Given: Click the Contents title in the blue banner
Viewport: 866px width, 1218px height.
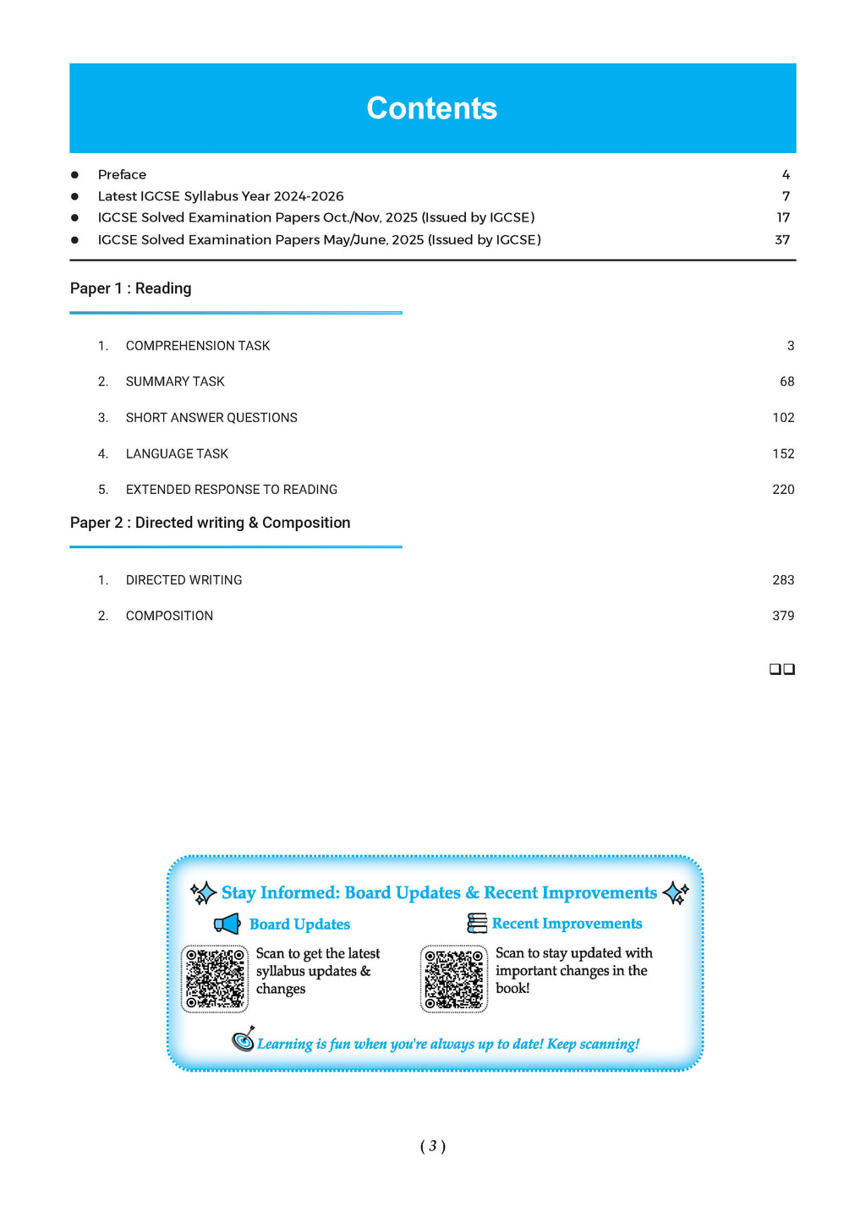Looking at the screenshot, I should [x=432, y=108].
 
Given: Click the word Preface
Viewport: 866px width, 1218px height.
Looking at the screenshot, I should [x=122, y=174].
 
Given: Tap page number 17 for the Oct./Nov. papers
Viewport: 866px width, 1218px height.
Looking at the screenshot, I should [x=783, y=217].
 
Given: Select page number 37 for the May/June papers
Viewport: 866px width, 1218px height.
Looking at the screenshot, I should [x=782, y=239].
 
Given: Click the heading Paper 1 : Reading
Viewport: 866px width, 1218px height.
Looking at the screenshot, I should [x=131, y=288].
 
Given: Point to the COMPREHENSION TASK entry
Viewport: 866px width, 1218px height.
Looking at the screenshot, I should [x=198, y=346].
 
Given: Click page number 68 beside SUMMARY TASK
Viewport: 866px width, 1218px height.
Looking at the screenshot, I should [x=787, y=381].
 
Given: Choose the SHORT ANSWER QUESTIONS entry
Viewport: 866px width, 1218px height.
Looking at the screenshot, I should [x=211, y=418].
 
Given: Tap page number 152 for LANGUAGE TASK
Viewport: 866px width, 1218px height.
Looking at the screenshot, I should [x=783, y=454].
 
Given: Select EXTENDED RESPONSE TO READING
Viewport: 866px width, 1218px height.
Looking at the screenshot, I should [x=232, y=490].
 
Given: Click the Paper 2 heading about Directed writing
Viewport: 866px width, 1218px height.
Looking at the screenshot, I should [x=211, y=523].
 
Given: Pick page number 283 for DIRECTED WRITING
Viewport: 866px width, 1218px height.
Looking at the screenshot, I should [x=783, y=580].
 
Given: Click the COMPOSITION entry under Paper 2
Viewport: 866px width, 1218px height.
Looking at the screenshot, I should [x=169, y=616].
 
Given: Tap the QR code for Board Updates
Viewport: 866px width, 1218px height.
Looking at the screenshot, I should [x=215, y=979].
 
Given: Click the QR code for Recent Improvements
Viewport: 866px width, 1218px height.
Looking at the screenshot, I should [x=454, y=979].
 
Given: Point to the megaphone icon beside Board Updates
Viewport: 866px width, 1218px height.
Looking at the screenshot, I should [x=227, y=924].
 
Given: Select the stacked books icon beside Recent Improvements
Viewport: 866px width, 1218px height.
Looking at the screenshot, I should [x=477, y=923].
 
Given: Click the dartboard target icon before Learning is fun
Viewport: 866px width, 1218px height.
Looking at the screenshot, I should [x=244, y=1040].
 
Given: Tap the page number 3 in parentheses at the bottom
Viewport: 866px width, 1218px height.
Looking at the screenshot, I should [x=432, y=1146].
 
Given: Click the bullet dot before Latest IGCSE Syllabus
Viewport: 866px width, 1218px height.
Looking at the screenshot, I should [x=74, y=196].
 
